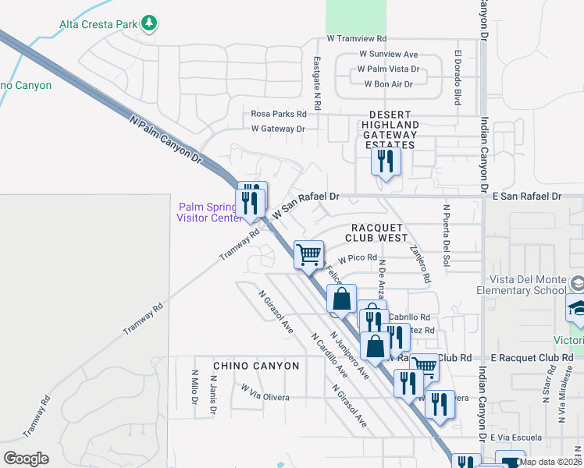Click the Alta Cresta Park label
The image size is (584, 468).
[x=98, y=24]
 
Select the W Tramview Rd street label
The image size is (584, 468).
[x=357, y=37]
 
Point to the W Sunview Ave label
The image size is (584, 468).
[x=389, y=55]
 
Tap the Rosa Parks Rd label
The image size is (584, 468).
[x=279, y=114]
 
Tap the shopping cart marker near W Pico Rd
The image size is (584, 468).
[x=309, y=253]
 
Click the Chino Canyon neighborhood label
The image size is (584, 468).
[x=256, y=366]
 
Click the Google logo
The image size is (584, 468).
[x=26, y=459]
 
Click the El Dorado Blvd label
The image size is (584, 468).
[x=457, y=78]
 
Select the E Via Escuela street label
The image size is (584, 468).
[x=516, y=439]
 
